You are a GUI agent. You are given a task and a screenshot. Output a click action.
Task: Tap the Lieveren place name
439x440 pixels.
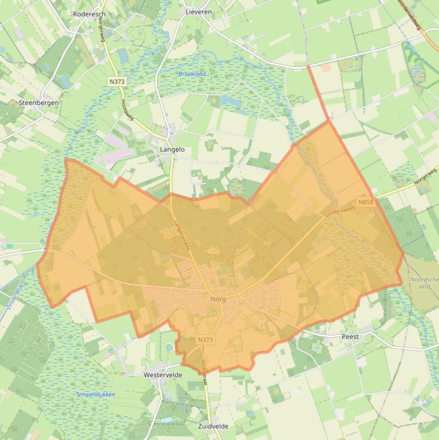199,11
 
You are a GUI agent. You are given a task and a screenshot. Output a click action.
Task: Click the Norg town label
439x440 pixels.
218,299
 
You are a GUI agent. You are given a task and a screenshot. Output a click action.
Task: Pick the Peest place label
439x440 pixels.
350,337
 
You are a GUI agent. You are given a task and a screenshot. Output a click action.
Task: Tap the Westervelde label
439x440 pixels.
163,375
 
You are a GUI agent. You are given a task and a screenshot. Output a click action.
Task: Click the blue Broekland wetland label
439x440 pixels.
191,74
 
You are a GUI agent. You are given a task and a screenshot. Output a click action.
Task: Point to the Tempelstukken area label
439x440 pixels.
95,395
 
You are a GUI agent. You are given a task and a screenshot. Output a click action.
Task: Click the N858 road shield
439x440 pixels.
366,202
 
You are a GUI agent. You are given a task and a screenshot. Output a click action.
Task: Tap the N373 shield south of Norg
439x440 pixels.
206,340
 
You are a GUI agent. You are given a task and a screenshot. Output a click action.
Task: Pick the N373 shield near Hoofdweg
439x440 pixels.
116,82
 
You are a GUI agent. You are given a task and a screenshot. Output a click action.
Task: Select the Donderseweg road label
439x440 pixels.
340,211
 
